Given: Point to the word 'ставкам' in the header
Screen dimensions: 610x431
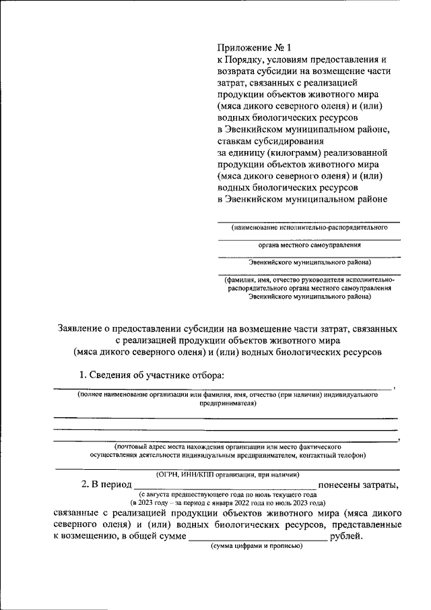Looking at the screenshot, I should tap(236, 142).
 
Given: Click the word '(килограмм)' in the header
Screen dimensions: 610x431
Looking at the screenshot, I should tap(294, 153).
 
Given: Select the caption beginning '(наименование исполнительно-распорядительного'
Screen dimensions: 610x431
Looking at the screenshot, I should tap(309, 228).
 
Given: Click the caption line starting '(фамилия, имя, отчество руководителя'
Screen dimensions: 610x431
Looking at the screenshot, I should tap(308, 280).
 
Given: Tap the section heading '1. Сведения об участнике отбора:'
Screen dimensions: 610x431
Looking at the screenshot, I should tap(152, 375).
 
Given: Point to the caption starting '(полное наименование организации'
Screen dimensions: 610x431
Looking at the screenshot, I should tap(226, 394).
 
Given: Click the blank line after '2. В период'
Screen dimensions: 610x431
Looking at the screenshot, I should tap(225, 486).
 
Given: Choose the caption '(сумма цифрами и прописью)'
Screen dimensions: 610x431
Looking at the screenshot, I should tap(257, 546).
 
